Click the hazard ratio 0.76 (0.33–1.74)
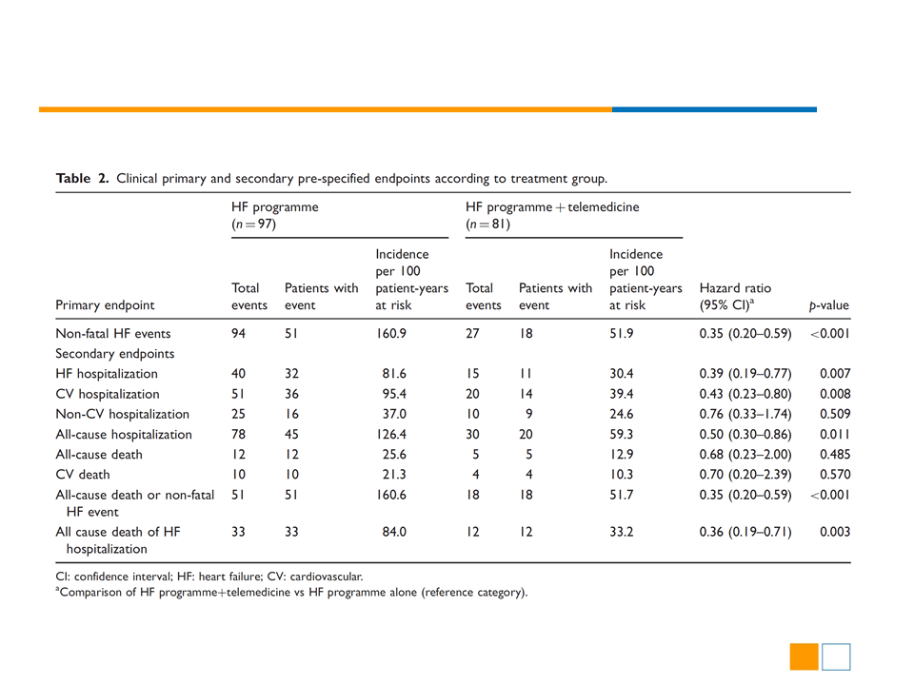click(x=745, y=414)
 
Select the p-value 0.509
click(x=835, y=414)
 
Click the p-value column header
click(x=829, y=305)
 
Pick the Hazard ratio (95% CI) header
click(x=735, y=297)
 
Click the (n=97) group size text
click(x=253, y=225)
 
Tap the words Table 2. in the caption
click(x=82, y=178)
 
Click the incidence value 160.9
click(x=391, y=334)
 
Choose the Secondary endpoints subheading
click(x=115, y=354)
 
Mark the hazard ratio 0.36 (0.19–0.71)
click(x=745, y=532)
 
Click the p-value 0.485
click(x=835, y=455)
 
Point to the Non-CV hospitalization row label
click(x=123, y=414)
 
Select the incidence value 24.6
click(x=622, y=414)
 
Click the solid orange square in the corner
click(x=804, y=656)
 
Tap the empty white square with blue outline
click(x=836, y=656)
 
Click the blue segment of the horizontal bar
click(x=714, y=109)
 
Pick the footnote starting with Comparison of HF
click(x=291, y=593)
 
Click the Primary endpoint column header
click(x=105, y=305)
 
